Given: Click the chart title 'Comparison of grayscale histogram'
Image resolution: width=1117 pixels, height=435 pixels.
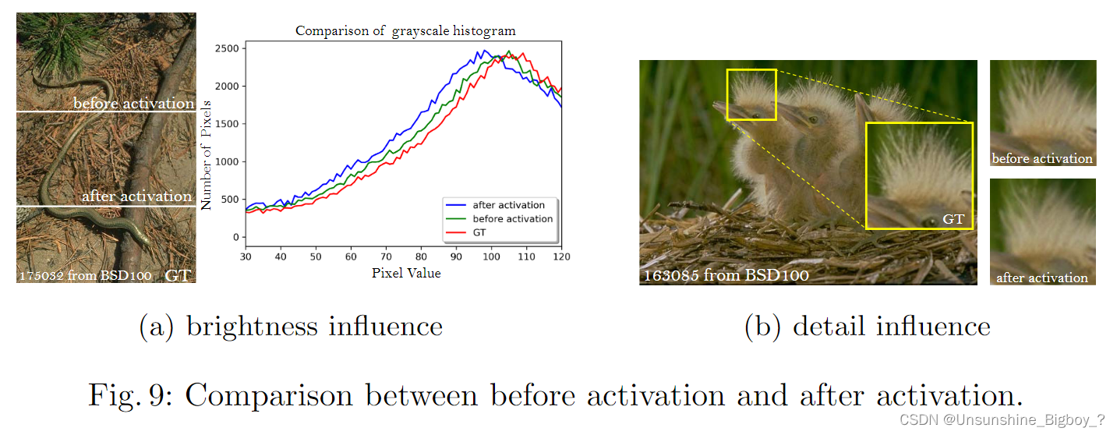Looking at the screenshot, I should [x=405, y=31].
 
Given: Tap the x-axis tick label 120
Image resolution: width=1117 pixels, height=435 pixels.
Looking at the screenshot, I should [x=560, y=256].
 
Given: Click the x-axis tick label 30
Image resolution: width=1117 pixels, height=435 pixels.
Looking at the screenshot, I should [x=246, y=256].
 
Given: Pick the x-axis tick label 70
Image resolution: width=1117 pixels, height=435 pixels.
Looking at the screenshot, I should [x=386, y=256].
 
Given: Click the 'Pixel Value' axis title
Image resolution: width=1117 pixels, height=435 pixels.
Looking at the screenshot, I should [x=405, y=273].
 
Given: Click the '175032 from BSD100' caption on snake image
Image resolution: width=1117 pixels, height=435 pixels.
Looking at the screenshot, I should [x=87, y=275].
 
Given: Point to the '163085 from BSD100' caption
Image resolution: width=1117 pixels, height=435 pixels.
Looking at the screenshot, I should [x=726, y=275].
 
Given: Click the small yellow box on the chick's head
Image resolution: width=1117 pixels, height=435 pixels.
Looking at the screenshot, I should [x=751, y=94].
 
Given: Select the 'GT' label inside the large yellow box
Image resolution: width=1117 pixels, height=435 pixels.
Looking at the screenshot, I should [x=953, y=219].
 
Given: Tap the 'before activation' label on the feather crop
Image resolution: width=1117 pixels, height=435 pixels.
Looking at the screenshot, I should [x=1042, y=158].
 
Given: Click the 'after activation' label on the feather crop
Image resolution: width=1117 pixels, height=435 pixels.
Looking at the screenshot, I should [x=1042, y=278].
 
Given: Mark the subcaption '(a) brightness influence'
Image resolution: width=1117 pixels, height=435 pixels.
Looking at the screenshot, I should [x=291, y=326].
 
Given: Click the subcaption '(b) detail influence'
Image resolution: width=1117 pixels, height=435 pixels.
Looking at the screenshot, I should [x=868, y=326].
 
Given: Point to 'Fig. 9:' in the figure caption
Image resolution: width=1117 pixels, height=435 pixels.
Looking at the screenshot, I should [x=131, y=395].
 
